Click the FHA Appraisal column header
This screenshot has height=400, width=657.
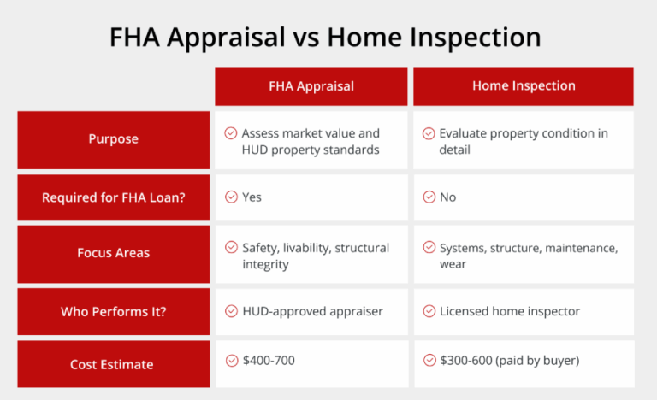tap(311, 85)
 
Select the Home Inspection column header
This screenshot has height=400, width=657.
tap(524, 85)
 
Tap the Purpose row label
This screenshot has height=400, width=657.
tap(113, 139)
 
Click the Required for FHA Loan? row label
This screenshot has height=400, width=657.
tap(113, 197)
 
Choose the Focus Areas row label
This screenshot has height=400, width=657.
tap(113, 253)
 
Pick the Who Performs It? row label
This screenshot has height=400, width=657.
tap(113, 311)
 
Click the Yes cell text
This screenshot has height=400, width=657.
tap(252, 197)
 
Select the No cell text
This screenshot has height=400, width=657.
tap(447, 197)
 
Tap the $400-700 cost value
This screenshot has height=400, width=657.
tap(268, 361)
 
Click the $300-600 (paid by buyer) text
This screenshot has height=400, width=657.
tap(509, 361)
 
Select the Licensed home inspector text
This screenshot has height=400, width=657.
tap(497, 311)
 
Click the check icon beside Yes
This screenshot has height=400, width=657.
tap(231, 197)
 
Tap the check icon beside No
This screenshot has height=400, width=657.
tap(429, 197)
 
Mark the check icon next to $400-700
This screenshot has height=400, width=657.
tap(231, 361)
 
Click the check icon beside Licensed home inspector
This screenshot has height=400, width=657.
tap(429, 311)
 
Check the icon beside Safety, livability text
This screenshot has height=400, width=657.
tap(231, 248)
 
